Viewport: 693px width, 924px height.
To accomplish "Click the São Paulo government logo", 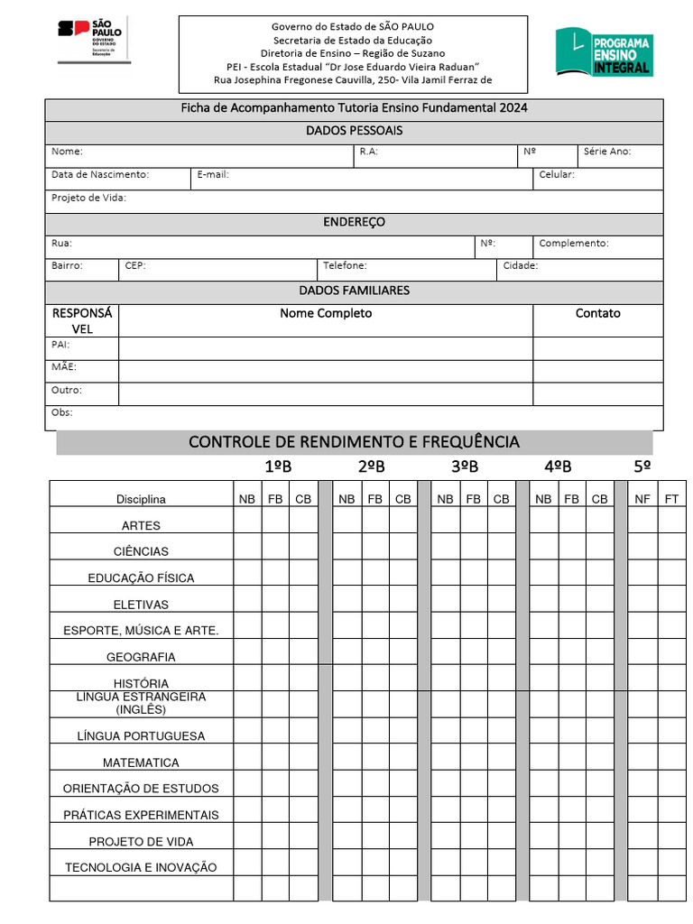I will (x=94, y=40).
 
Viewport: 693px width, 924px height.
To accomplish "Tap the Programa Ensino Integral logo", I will (x=604, y=51).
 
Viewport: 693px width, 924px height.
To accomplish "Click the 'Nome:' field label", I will (x=67, y=152).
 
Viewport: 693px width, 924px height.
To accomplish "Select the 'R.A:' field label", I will (x=368, y=152).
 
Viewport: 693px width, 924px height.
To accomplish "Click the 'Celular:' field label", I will (x=556, y=174).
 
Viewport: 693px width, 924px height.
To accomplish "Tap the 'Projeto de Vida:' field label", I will (x=88, y=198).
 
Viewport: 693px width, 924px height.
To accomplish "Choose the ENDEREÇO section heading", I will (x=354, y=222).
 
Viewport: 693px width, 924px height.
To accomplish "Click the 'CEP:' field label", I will (x=135, y=266).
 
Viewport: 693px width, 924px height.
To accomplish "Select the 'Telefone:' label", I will (x=345, y=266).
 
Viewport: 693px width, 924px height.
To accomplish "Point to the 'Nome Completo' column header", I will (x=326, y=313).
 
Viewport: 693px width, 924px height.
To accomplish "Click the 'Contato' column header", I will (x=597, y=313).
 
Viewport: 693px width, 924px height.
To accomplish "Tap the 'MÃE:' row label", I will (x=64, y=367).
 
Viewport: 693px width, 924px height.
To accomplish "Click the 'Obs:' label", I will (x=62, y=412).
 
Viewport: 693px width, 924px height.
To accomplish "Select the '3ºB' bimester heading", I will (x=465, y=467).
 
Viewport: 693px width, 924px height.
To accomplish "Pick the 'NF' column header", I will (x=642, y=498).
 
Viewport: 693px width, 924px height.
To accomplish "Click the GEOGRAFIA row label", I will (x=141, y=657).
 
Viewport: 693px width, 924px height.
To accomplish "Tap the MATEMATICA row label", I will (x=141, y=762).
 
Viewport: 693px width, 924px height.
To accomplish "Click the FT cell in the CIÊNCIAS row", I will (x=672, y=546).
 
